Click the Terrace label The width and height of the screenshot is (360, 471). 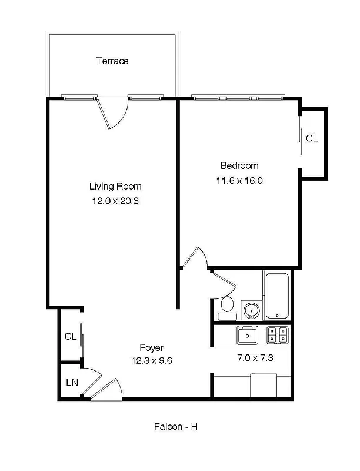tap(112, 61)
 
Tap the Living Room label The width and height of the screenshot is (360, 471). tap(115, 186)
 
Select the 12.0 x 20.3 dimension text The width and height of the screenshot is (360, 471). tap(115, 201)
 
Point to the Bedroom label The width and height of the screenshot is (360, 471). tap(239, 165)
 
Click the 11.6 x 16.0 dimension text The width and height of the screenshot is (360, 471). tap(239, 181)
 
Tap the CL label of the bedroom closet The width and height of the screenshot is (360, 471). tap(311, 138)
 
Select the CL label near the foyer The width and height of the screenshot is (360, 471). tap(71, 337)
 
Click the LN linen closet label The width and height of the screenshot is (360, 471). tap(72, 383)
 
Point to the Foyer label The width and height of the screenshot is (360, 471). tap(151, 347)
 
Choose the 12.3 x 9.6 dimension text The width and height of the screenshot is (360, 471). tap(151, 360)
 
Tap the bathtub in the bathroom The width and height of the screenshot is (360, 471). tap(276, 296)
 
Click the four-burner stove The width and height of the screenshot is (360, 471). tap(277, 335)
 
